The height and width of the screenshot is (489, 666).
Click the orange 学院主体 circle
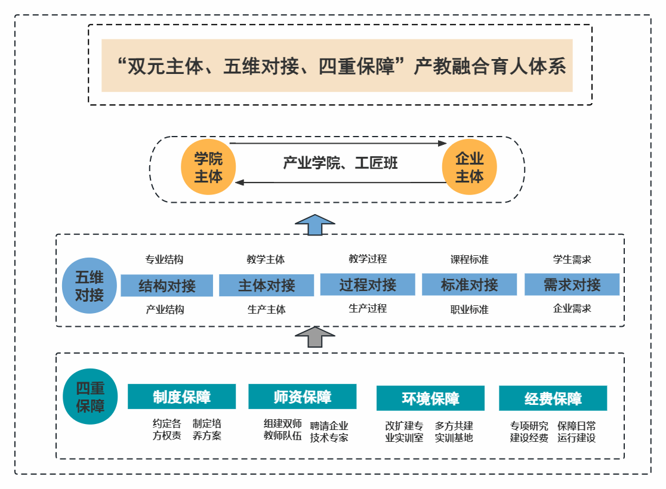coord(208,168)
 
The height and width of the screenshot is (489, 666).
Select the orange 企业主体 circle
coord(469,168)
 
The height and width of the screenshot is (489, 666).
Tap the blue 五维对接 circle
coord(90,286)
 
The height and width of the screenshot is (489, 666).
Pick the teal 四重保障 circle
coord(90,397)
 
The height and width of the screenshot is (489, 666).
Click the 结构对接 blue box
coord(167,286)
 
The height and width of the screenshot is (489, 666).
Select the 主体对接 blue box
coord(266,285)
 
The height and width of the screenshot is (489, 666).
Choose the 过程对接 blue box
coord(368,284)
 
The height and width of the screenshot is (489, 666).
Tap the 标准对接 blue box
coord(469,284)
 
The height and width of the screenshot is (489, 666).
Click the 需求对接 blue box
coord(572,284)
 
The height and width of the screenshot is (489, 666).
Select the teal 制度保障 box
coord(181,397)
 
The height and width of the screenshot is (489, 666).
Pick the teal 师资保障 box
coord(302,397)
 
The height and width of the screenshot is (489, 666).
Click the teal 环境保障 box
coord(430,398)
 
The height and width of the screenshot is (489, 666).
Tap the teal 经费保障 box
coord(553,398)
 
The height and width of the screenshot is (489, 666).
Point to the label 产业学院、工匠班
coord(340,163)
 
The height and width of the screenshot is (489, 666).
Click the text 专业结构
coord(164,259)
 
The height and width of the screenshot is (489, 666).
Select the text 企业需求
coord(572,308)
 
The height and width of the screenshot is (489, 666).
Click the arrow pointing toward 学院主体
coord(340,182)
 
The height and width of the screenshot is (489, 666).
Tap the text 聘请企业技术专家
coord(329,432)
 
